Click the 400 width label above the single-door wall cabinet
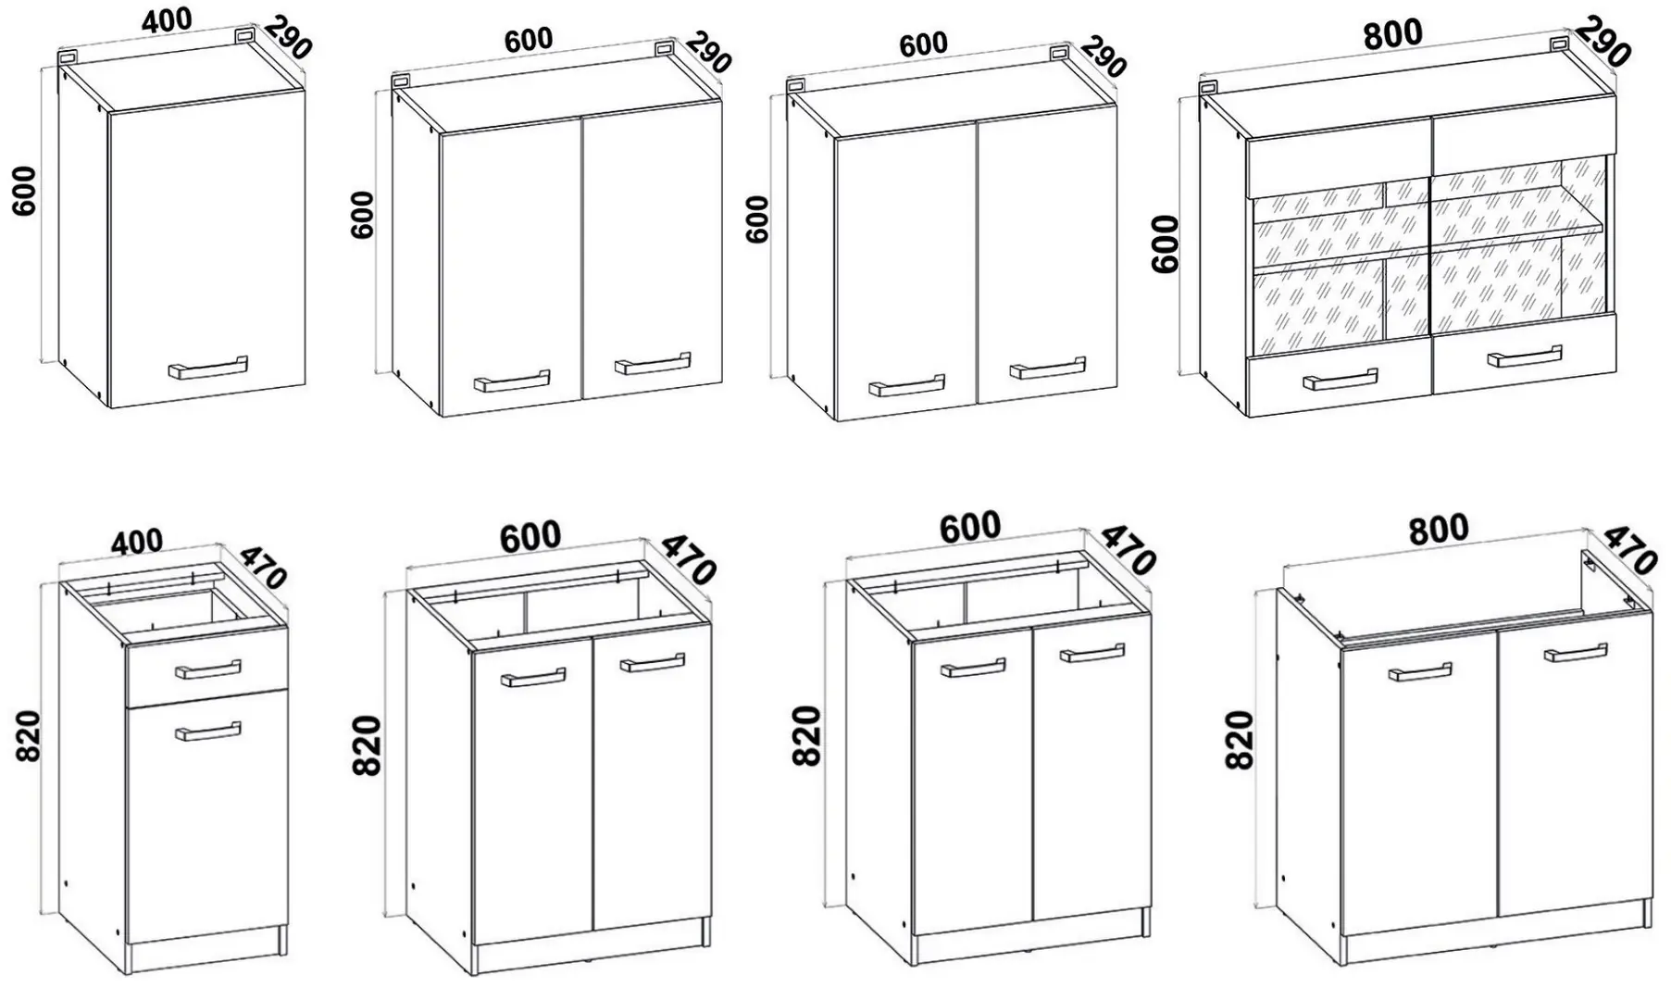[x=168, y=20]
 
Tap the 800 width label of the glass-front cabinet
[x=1392, y=33]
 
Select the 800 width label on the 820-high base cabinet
[x=1439, y=529]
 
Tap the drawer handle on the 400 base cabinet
[x=208, y=669]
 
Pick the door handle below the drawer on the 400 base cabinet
[x=208, y=731]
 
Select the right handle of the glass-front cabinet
[x=1524, y=357]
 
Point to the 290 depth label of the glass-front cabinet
[x=1603, y=42]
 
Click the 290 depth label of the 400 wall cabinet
[x=287, y=37]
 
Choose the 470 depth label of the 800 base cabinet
[x=1629, y=550]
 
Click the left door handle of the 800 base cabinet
[x=1420, y=671]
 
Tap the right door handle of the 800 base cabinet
[x=1576, y=653]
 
